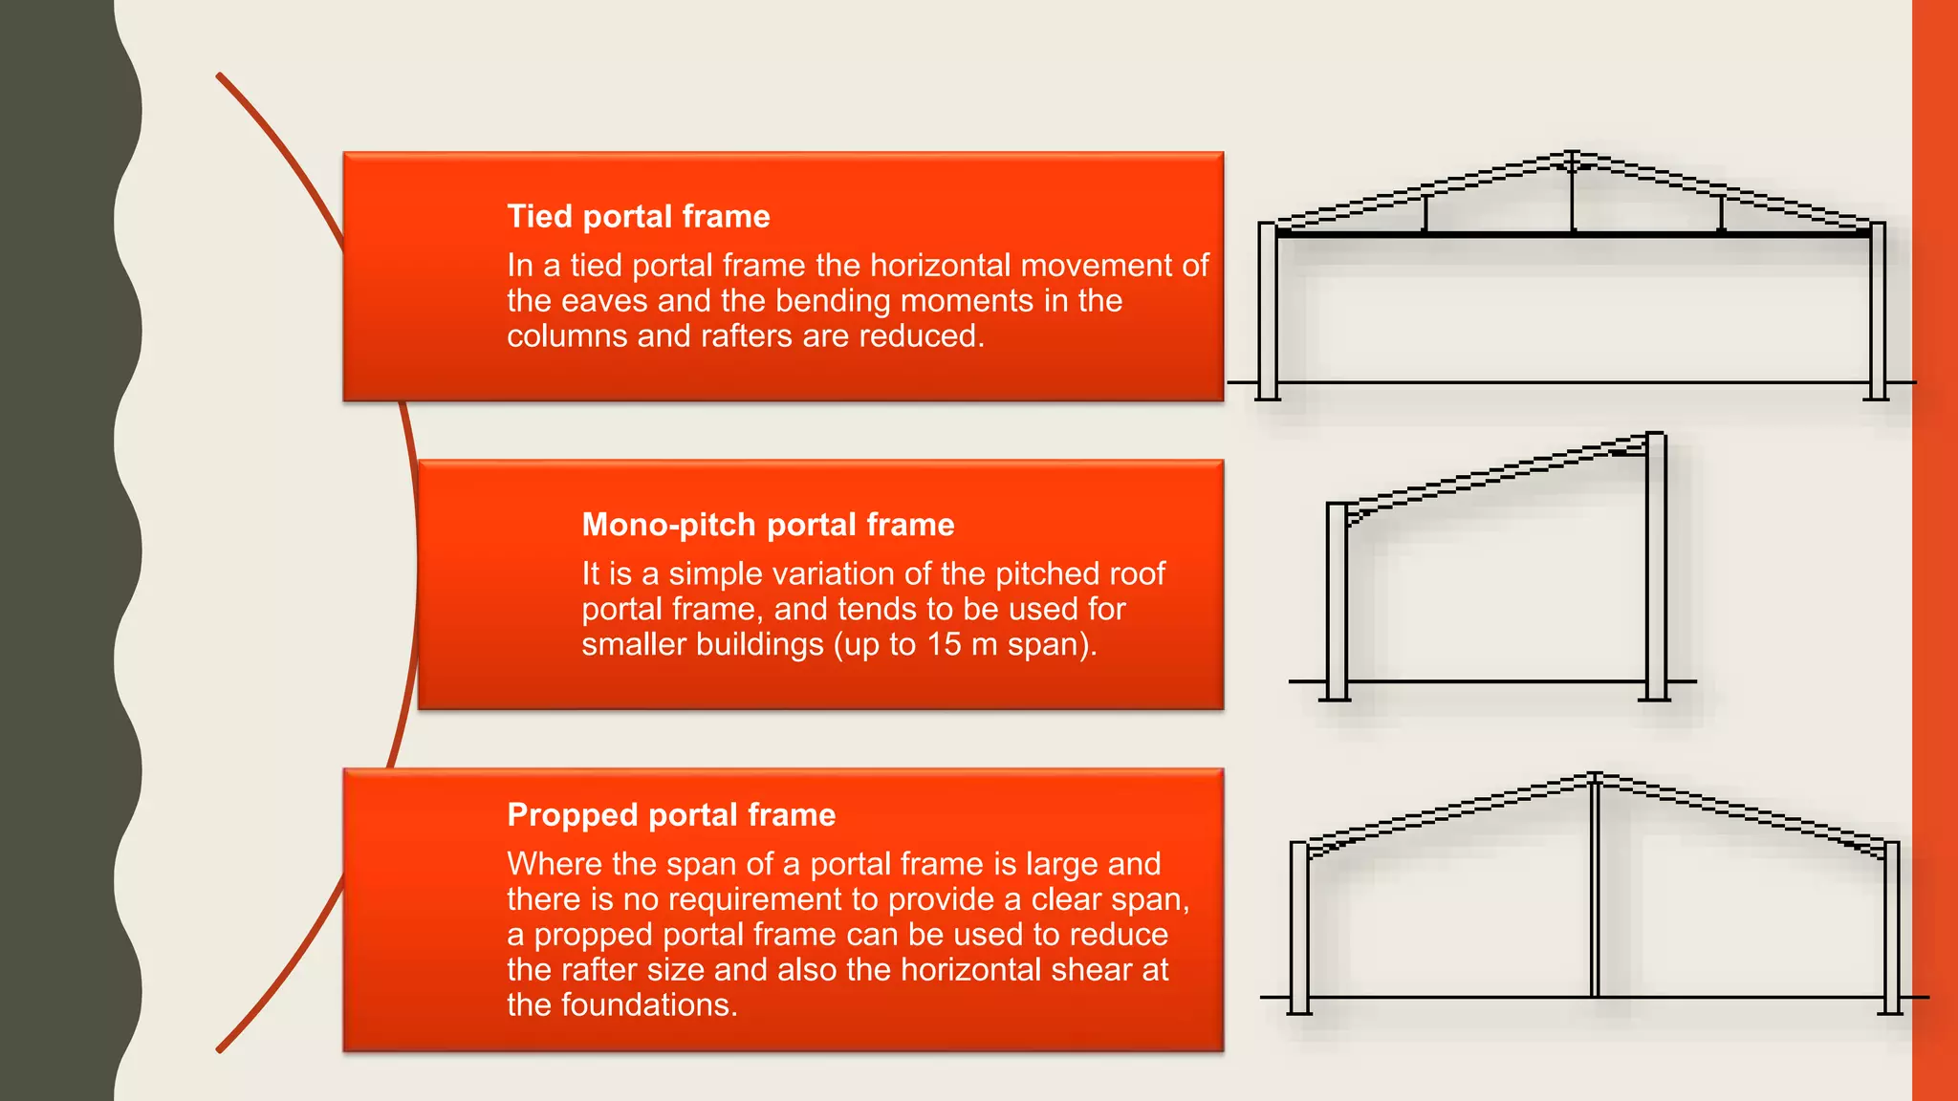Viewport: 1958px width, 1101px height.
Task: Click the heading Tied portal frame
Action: [x=638, y=217]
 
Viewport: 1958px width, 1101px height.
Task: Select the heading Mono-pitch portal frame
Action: [x=768, y=525]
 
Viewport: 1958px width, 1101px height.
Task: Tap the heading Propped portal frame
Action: [x=671, y=815]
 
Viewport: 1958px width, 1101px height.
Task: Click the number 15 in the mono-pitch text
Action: [x=944, y=644]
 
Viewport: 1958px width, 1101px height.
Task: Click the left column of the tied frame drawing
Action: [x=1268, y=311]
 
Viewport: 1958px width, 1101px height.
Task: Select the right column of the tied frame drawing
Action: [x=1878, y=311]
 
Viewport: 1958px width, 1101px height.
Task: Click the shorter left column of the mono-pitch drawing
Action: [x=1337, y=602]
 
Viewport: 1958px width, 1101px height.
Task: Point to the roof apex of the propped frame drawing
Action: [x=1595, y=776]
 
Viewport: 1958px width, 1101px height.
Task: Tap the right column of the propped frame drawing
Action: [x=1891, y=927]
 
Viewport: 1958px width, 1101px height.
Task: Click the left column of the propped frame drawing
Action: [x=1298, y=927]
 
